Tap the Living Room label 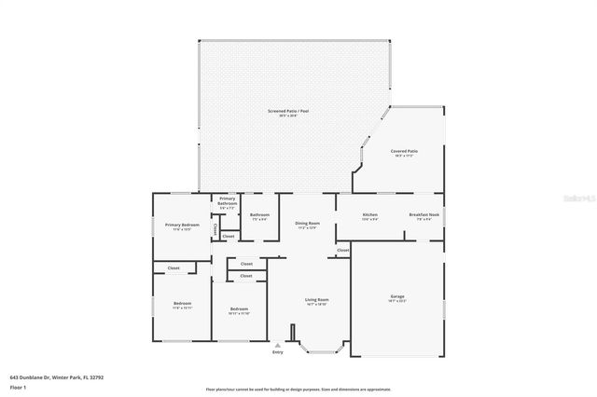pyautogui.click(x=317, y=300)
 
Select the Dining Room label pyautogui.click(x=308, y=224)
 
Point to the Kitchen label pyautogui.click(x=370, y=215)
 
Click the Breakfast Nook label pyautogui.click(x=421, y=215)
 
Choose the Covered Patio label pyautogui.click(x=404, y=150)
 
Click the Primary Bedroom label pyautogui.click(x=183, y=225)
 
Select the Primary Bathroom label pyautogui.click(x=228, y=200)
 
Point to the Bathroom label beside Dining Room pyautogui.click(x=259, y=215)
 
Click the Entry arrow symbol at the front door pyautogui.click(x=277, y=344)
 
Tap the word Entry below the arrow pyautogui.click(x=277, y=352)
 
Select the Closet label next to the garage pyautogui.click(x=342, y=250)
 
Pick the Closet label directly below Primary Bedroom pyautogui.click(x=174, y=268)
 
